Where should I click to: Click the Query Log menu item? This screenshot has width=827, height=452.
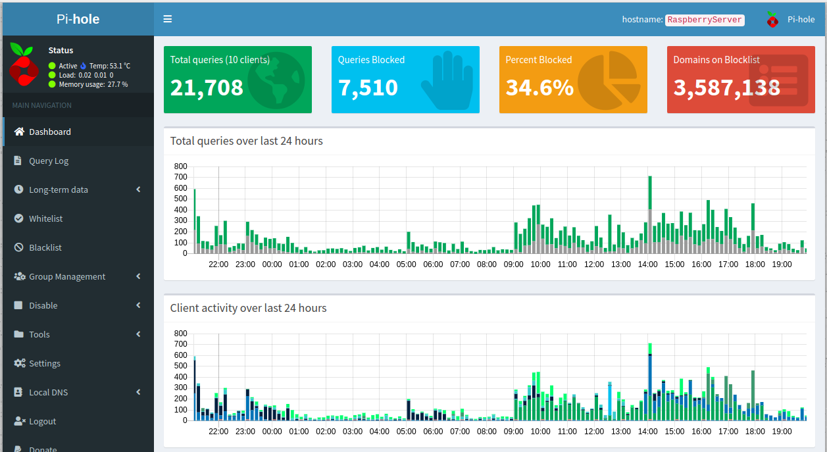point(49,161)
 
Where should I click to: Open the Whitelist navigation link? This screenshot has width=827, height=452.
point(46,218)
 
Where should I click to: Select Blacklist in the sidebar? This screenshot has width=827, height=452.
point(45,247)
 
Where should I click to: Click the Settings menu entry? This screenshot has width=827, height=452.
point(45,363)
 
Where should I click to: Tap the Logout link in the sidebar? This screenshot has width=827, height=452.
point(43,421)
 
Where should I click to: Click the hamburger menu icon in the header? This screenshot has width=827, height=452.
point(168,19)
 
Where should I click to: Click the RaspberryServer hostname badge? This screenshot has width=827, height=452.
point(705,20)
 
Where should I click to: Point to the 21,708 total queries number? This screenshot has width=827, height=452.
point(207,88)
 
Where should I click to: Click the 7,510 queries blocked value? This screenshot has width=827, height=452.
point(368,88)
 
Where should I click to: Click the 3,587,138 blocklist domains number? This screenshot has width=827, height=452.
point(726,88)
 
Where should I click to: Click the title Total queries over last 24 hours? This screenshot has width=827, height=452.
point(246,141)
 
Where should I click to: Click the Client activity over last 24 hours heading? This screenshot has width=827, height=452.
point(248,308)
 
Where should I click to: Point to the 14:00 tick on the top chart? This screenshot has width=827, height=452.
point(647,264)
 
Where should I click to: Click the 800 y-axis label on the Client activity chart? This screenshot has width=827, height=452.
point(181,334)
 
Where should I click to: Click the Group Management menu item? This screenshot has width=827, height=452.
point(67,276)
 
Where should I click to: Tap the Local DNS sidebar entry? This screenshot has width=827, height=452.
point(49,392)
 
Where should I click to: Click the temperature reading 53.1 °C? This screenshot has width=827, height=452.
point(110,66)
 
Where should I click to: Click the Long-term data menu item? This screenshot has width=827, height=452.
point(59,189)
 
